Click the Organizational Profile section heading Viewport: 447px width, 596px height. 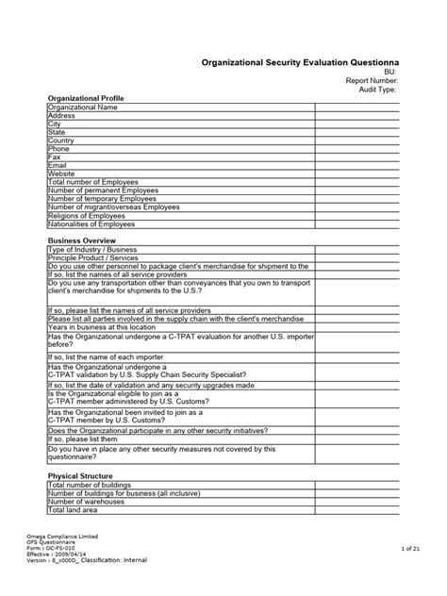tap(87, 98)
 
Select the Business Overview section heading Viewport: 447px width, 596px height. tap(82, 241)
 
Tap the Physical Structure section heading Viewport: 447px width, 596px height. tap(82, 476)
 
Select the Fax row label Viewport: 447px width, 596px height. tap(55, 157)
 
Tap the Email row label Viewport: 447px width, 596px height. tap(58, 165)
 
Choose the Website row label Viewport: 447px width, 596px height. tap(61, 174)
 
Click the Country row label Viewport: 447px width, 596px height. tap(61, 141)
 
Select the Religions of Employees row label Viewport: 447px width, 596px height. tap(92, 215)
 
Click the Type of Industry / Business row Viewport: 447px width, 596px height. tap(93, 251)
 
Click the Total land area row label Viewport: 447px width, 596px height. tap(73, 510)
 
